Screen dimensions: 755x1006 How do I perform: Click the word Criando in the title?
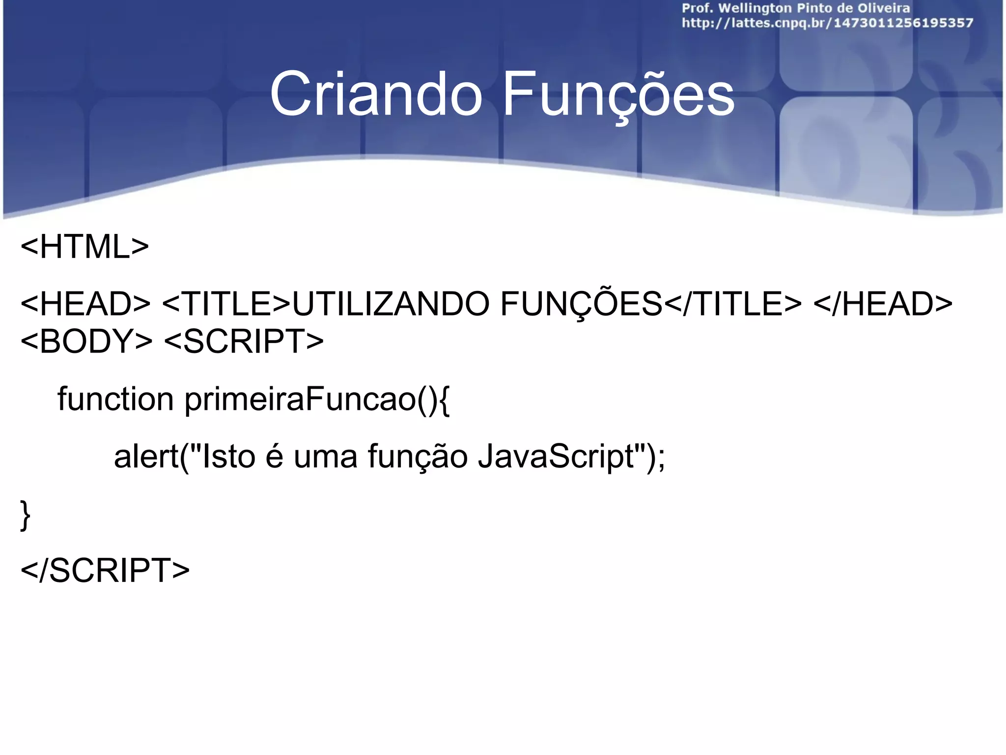click(x=376, y=94)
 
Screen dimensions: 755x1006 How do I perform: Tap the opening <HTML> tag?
click(x=84, y=247)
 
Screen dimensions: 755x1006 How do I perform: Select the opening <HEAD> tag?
click(x=85, y=304)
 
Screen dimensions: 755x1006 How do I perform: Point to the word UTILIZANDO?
click(x=391, y=304)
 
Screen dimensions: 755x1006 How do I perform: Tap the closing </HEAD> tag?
click(x=883, y=304)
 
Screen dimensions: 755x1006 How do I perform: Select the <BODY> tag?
click(x=86, y=341)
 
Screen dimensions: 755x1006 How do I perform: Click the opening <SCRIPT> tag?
click(x=244, y=341)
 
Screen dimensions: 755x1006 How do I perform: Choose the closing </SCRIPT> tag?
click(x=105, y=571)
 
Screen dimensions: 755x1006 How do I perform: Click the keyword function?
click(x=115, y=399)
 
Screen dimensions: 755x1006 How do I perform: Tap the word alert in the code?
click(x=146, y=456)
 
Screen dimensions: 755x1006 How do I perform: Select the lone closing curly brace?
click(x=25, y=515)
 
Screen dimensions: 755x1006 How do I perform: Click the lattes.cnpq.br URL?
click(x=827, y=23)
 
